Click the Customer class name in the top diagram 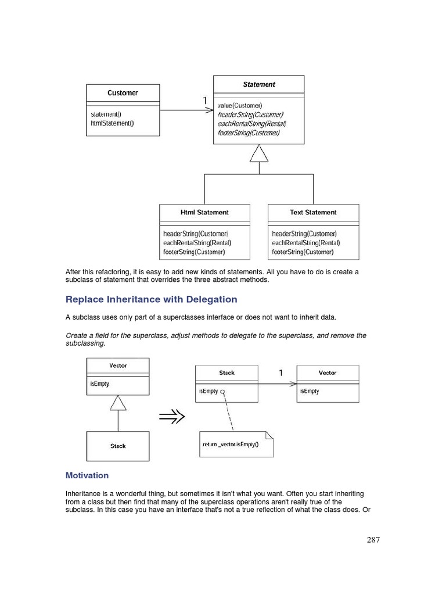(x=123, y=93)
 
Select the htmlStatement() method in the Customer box (x=112, y=123)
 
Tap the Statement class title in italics (x=259, y=85)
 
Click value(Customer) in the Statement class (x=240, y=105)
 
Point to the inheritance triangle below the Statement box (x=259, y=153)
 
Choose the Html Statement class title (x=204, y=213)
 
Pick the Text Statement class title (x=313, y=213)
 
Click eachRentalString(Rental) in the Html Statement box (x=197, y=243)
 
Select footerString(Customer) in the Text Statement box (x=303, y=252)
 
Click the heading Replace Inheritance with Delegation (x=152, y=299)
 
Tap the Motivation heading (x=87, y=475)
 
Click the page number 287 (x=373, y=540)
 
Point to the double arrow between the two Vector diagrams (x=172, y=415)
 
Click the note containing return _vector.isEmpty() (x=235, y=445)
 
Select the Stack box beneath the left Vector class (x=118, y=446)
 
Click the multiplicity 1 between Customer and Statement (x=204, y=101)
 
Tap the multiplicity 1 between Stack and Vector (x=281, y=373)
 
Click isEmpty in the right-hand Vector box (x=310, y=391)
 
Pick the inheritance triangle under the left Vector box (x=118, y=402)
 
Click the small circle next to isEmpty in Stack (x=223, y=392)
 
